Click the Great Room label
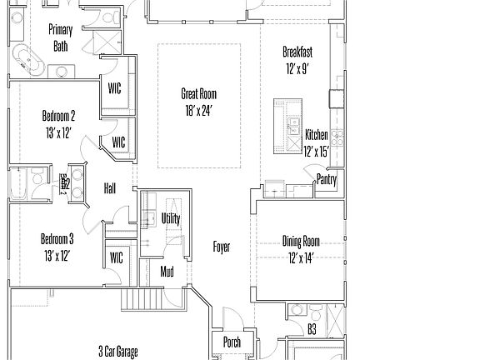click(199, 94)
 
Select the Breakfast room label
click(297, 52)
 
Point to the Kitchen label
click(316, 135)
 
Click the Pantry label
click(327, 178)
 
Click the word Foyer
click(222, 247)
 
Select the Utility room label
click(171, 218)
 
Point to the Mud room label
click(167, 271)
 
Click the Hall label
click(109, 188)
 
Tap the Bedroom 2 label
click(59, 116)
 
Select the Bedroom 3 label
click(59, 238)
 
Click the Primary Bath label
click(61, 37)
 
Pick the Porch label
click(232, 342)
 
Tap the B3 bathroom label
click(312, 330)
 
